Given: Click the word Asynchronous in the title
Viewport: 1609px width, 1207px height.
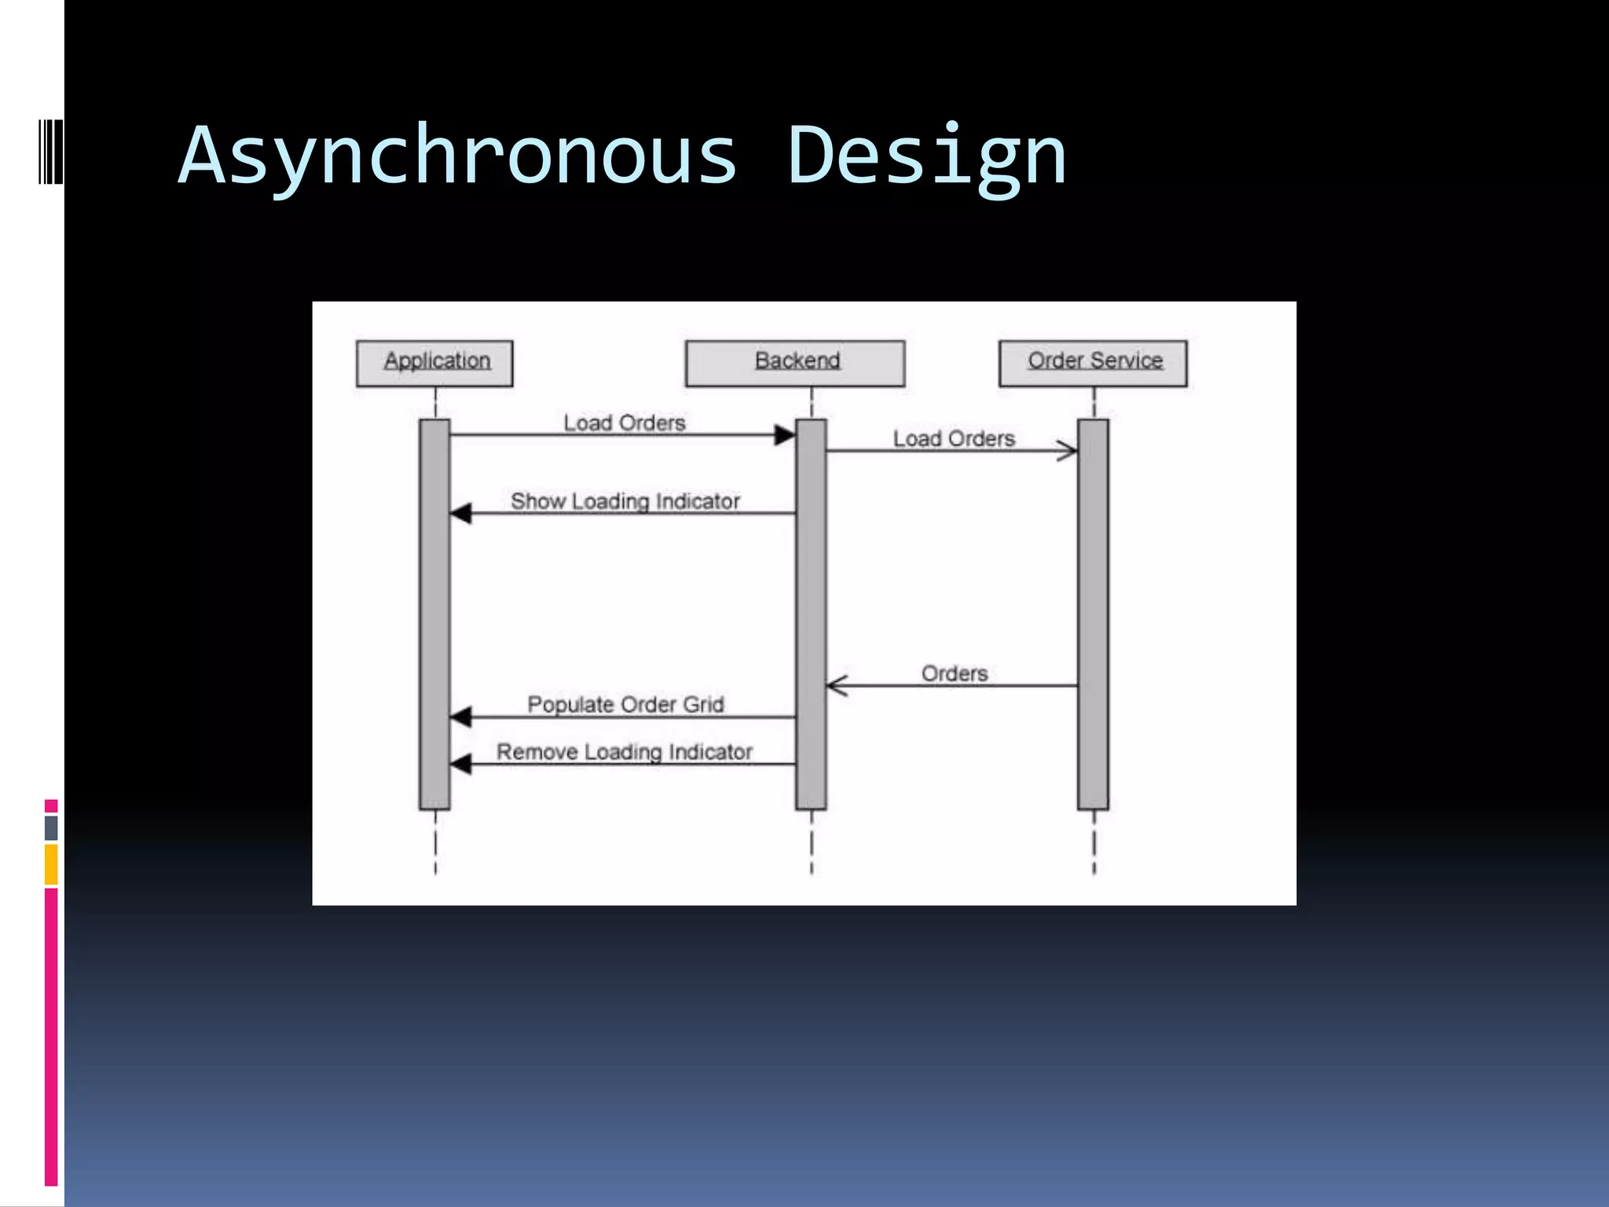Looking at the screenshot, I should [x=458, y=157].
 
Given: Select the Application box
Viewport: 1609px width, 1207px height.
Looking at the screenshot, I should [x=434, y=363].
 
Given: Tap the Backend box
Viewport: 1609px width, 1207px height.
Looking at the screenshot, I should [x=795, y=363].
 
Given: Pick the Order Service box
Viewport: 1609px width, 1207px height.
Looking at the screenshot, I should [x=1093, y=363].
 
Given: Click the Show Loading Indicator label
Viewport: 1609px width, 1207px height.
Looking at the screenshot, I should [x=625, y=501].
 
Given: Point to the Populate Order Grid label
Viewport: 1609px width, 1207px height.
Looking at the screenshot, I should [x=625, y=704].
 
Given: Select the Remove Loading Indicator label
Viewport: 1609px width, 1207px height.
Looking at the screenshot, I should [x=625, y=752].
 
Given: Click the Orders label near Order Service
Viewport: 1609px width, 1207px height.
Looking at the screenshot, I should [x=955, y=673].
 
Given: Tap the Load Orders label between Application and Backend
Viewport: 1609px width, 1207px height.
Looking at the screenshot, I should [x=625, y=423].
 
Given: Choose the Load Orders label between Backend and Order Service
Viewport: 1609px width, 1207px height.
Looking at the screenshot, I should [x=954, y=438].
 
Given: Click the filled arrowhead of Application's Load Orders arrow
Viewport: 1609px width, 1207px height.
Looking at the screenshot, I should [x=784, y=435].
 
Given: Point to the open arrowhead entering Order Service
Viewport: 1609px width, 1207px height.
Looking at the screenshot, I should [x=1068, y=450].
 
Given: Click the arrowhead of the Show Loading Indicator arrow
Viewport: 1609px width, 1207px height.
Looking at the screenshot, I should [x=461, y=513].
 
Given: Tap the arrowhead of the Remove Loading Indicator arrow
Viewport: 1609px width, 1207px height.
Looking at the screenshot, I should [x=461, y=763].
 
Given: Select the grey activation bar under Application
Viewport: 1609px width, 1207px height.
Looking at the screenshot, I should [x=434, y=613].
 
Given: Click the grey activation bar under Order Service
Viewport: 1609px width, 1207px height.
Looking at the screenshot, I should [x=1093, y=613].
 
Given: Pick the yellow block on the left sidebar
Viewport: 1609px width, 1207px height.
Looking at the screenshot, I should [x=51, y=864].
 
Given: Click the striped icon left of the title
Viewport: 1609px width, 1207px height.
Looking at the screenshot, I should [x=50, y=152].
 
